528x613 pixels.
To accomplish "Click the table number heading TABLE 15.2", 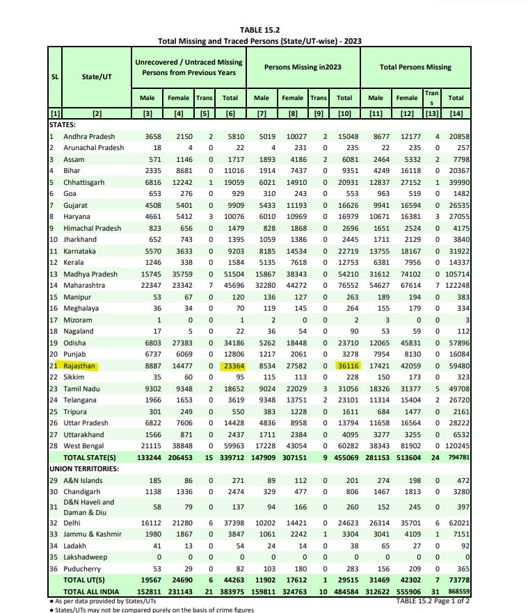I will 259,30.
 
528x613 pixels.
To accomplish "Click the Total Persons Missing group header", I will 415,67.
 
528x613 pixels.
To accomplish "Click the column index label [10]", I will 344,113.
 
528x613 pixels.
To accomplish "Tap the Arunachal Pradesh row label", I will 93,148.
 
